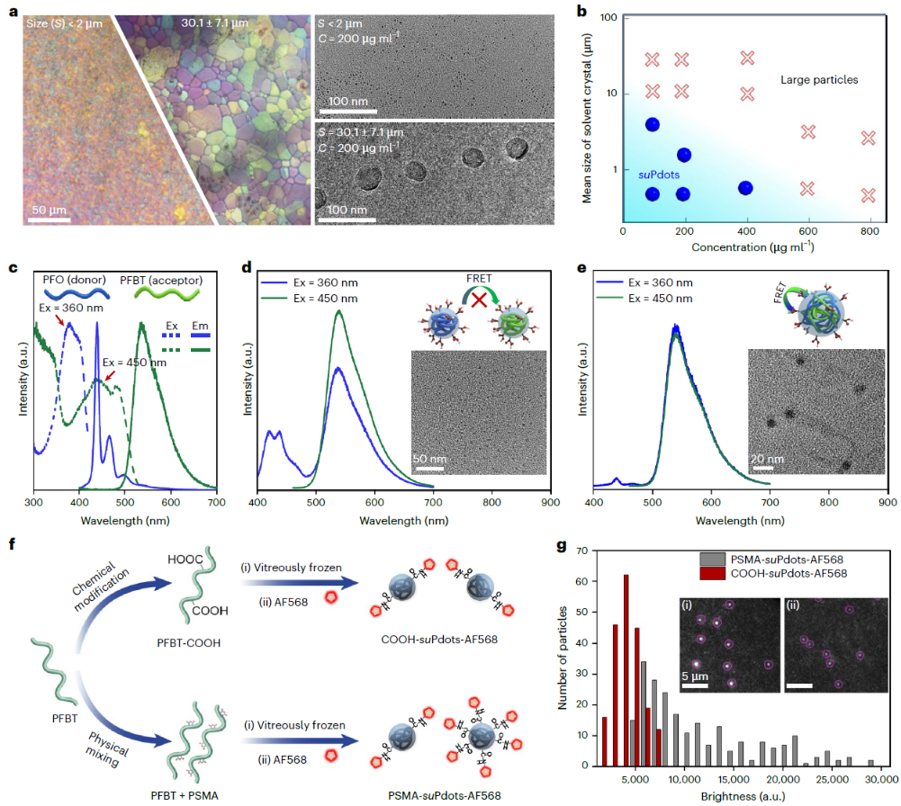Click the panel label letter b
(x=587, y=13)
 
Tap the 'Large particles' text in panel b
(x=819, y=80)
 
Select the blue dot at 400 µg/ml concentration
(x=745, y=188)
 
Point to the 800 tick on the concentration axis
(x=868, y=231)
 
